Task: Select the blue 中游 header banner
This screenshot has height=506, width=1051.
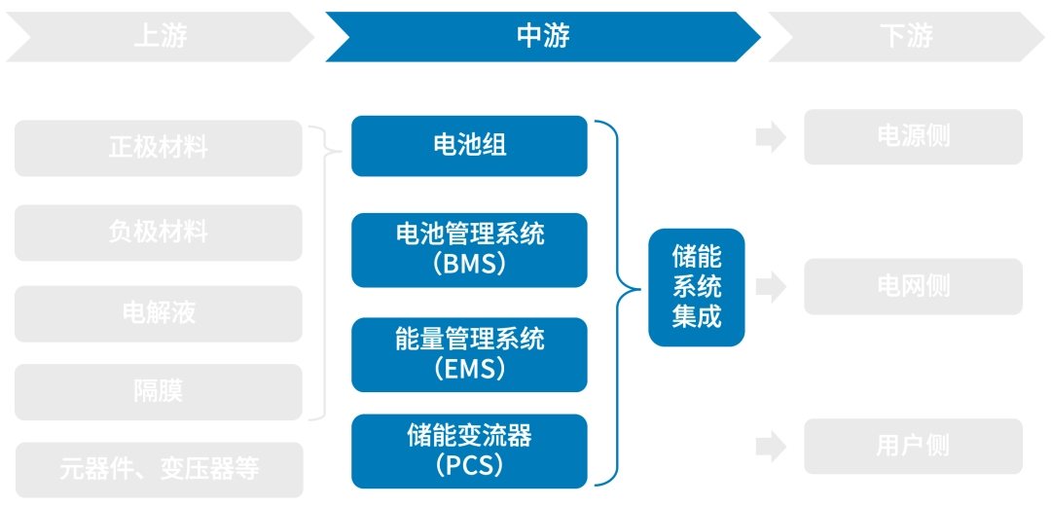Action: [x=542, y=37]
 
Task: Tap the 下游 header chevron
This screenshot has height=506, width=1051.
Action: [x=905, y=37]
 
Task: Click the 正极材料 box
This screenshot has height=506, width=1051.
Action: [x=158, y=148]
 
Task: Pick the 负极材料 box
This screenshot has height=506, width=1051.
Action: [x=158, y=233]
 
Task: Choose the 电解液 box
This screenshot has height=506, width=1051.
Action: [x=158, y=313]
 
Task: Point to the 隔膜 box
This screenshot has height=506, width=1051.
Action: [x=158, y=391]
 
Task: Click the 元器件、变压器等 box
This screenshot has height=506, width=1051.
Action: [x=160, y=469]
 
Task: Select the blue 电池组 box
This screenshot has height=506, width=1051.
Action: [x=469, y=146]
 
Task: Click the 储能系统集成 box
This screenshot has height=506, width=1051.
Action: [x=696, y=287]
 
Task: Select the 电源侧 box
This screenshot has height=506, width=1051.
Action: [x=913, y=136]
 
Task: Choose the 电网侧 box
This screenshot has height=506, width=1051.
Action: [x=913, y=286]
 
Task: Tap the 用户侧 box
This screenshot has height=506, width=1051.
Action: [x=913, y=446]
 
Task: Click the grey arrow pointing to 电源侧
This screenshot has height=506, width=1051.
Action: [x=771, y=137]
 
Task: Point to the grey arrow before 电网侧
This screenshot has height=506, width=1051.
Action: [x=771, y=286]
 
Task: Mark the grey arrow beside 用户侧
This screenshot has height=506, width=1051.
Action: [x=771, y=447]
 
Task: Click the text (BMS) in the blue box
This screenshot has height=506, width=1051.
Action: [x=469, y=264]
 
